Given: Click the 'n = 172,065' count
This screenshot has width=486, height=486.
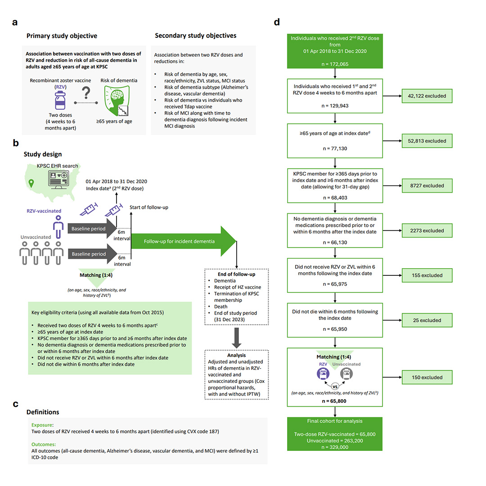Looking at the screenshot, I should (334, 64).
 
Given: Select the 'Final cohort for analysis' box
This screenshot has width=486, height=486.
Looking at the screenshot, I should (334, 433).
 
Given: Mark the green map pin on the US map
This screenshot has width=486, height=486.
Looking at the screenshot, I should (31, 183).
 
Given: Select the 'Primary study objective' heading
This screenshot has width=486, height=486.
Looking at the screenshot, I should (62, 36).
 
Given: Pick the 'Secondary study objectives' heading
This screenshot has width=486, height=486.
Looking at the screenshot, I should (195, 36).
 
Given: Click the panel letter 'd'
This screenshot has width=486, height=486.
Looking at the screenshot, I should (277, 22).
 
